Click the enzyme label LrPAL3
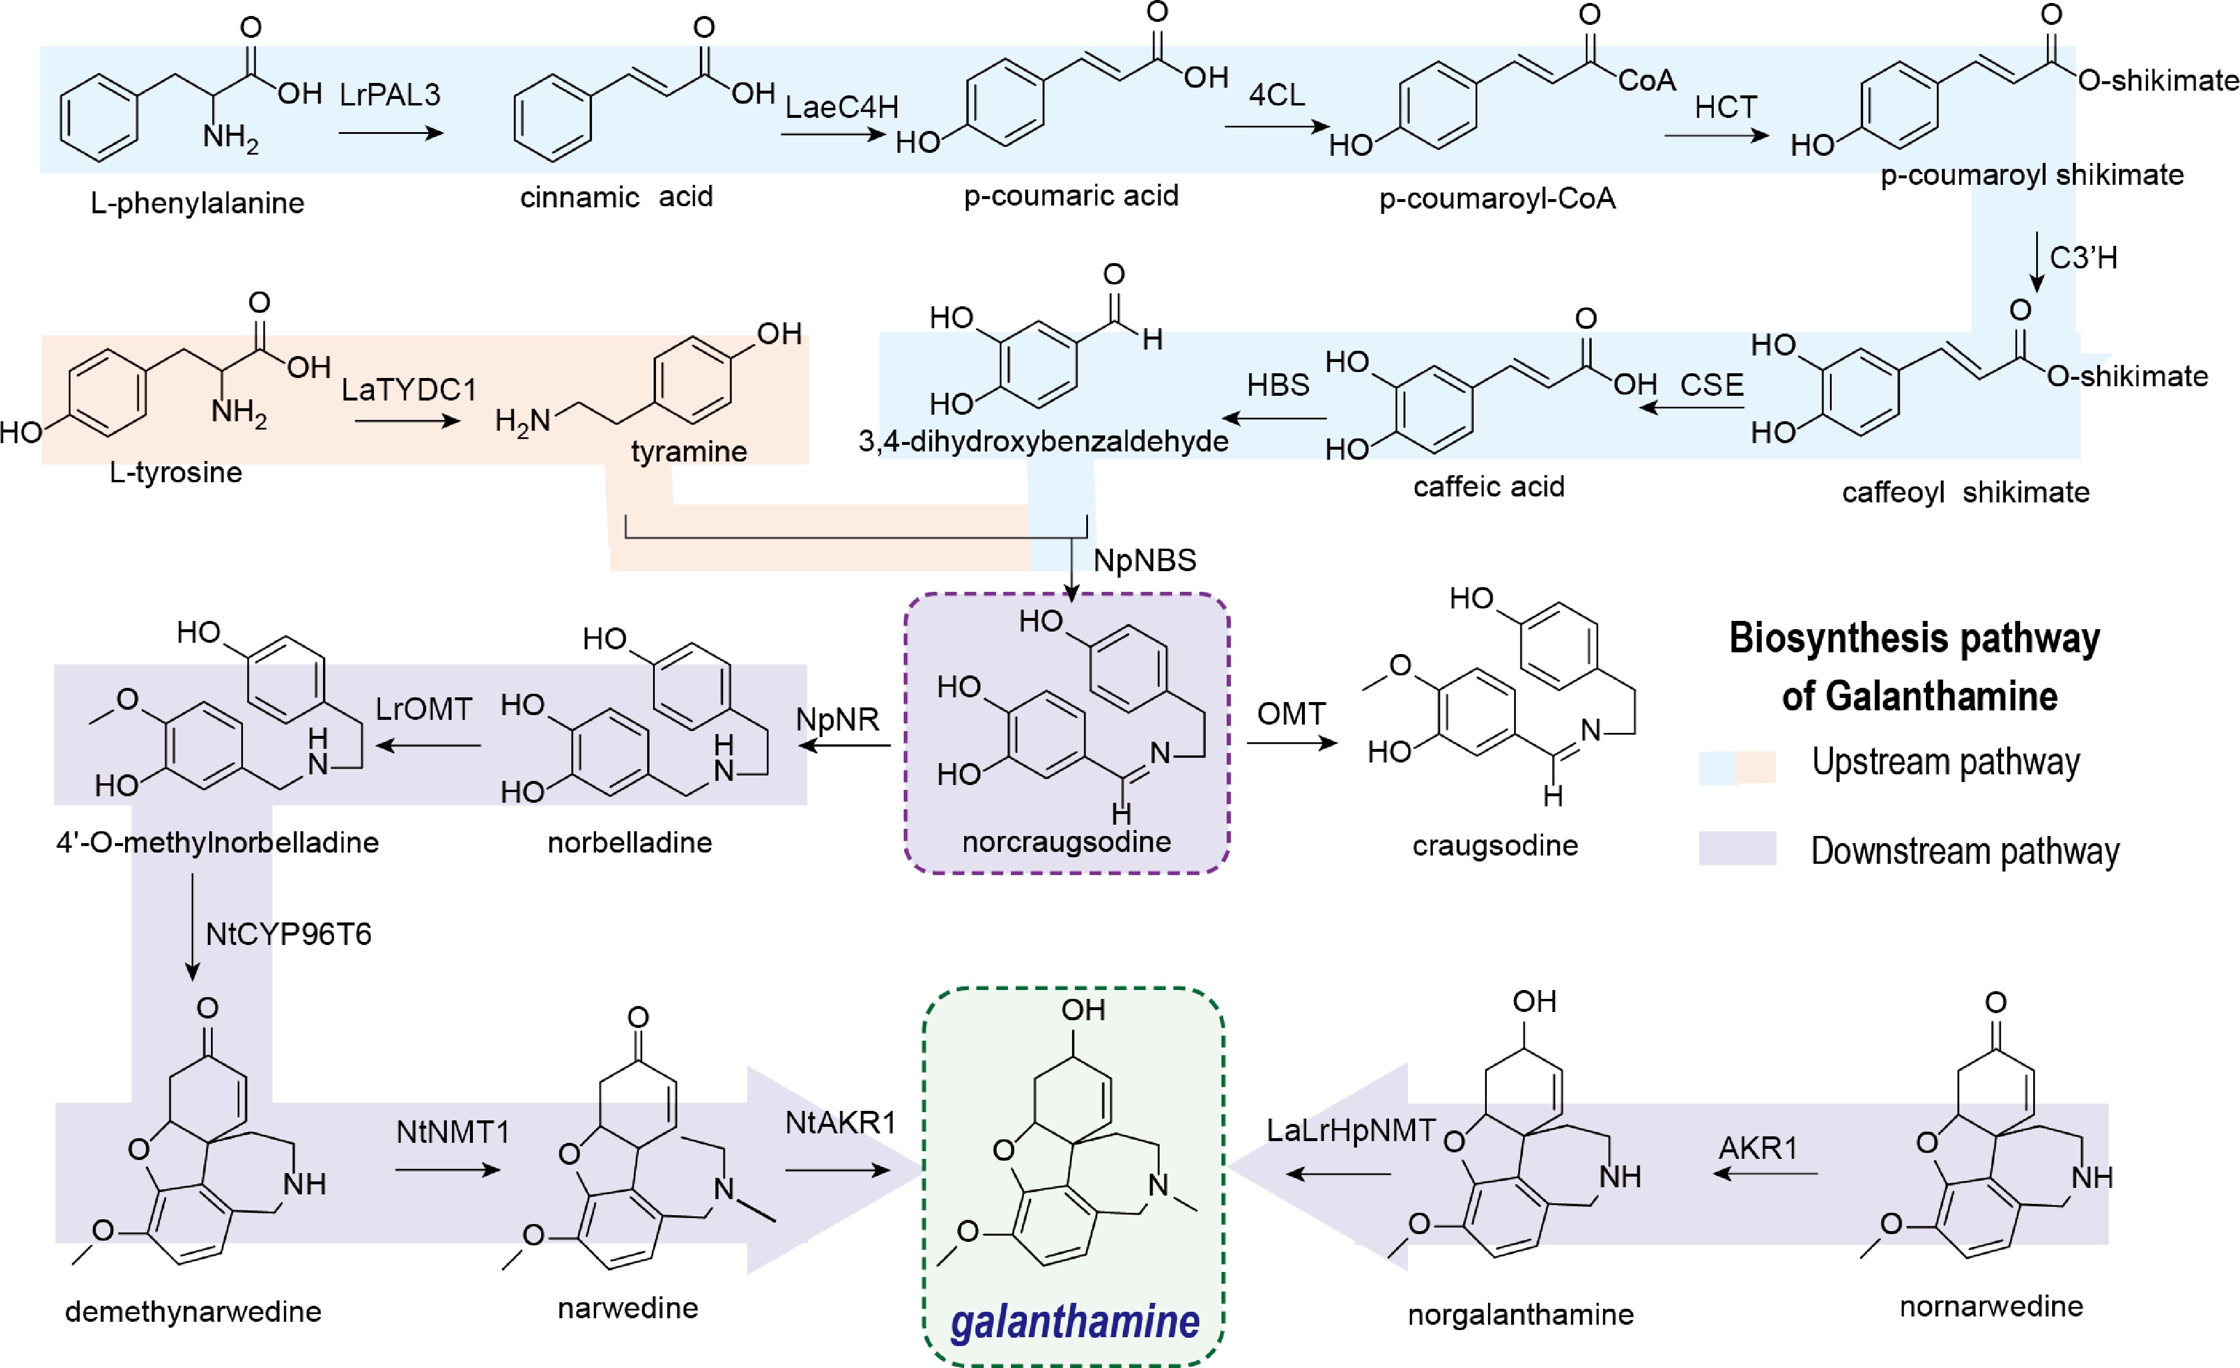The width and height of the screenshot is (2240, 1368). coord(389,95)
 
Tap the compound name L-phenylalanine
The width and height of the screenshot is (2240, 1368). coord(197,203)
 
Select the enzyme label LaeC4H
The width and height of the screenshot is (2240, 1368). coord(841,107)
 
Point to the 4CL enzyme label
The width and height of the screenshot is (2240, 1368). coord(1276,95)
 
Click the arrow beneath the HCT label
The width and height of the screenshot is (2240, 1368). coord(1716,136)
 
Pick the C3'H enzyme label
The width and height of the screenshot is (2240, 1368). coord(2084,258)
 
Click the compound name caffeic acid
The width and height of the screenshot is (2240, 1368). coord(1488,487)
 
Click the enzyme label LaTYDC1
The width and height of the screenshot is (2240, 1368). coord(408,390)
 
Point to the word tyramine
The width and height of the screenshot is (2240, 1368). coord(689,452)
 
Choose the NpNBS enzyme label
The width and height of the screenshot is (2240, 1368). coord(1144,561)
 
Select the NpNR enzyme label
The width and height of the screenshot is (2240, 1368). coord(837,720)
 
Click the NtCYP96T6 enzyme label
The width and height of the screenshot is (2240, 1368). coord(288,934)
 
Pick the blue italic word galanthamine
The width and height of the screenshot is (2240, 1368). coord(1074,1322)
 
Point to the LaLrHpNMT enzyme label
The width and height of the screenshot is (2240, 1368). coord(1351,1131)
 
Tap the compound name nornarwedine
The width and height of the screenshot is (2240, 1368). coord(1991,1307)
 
